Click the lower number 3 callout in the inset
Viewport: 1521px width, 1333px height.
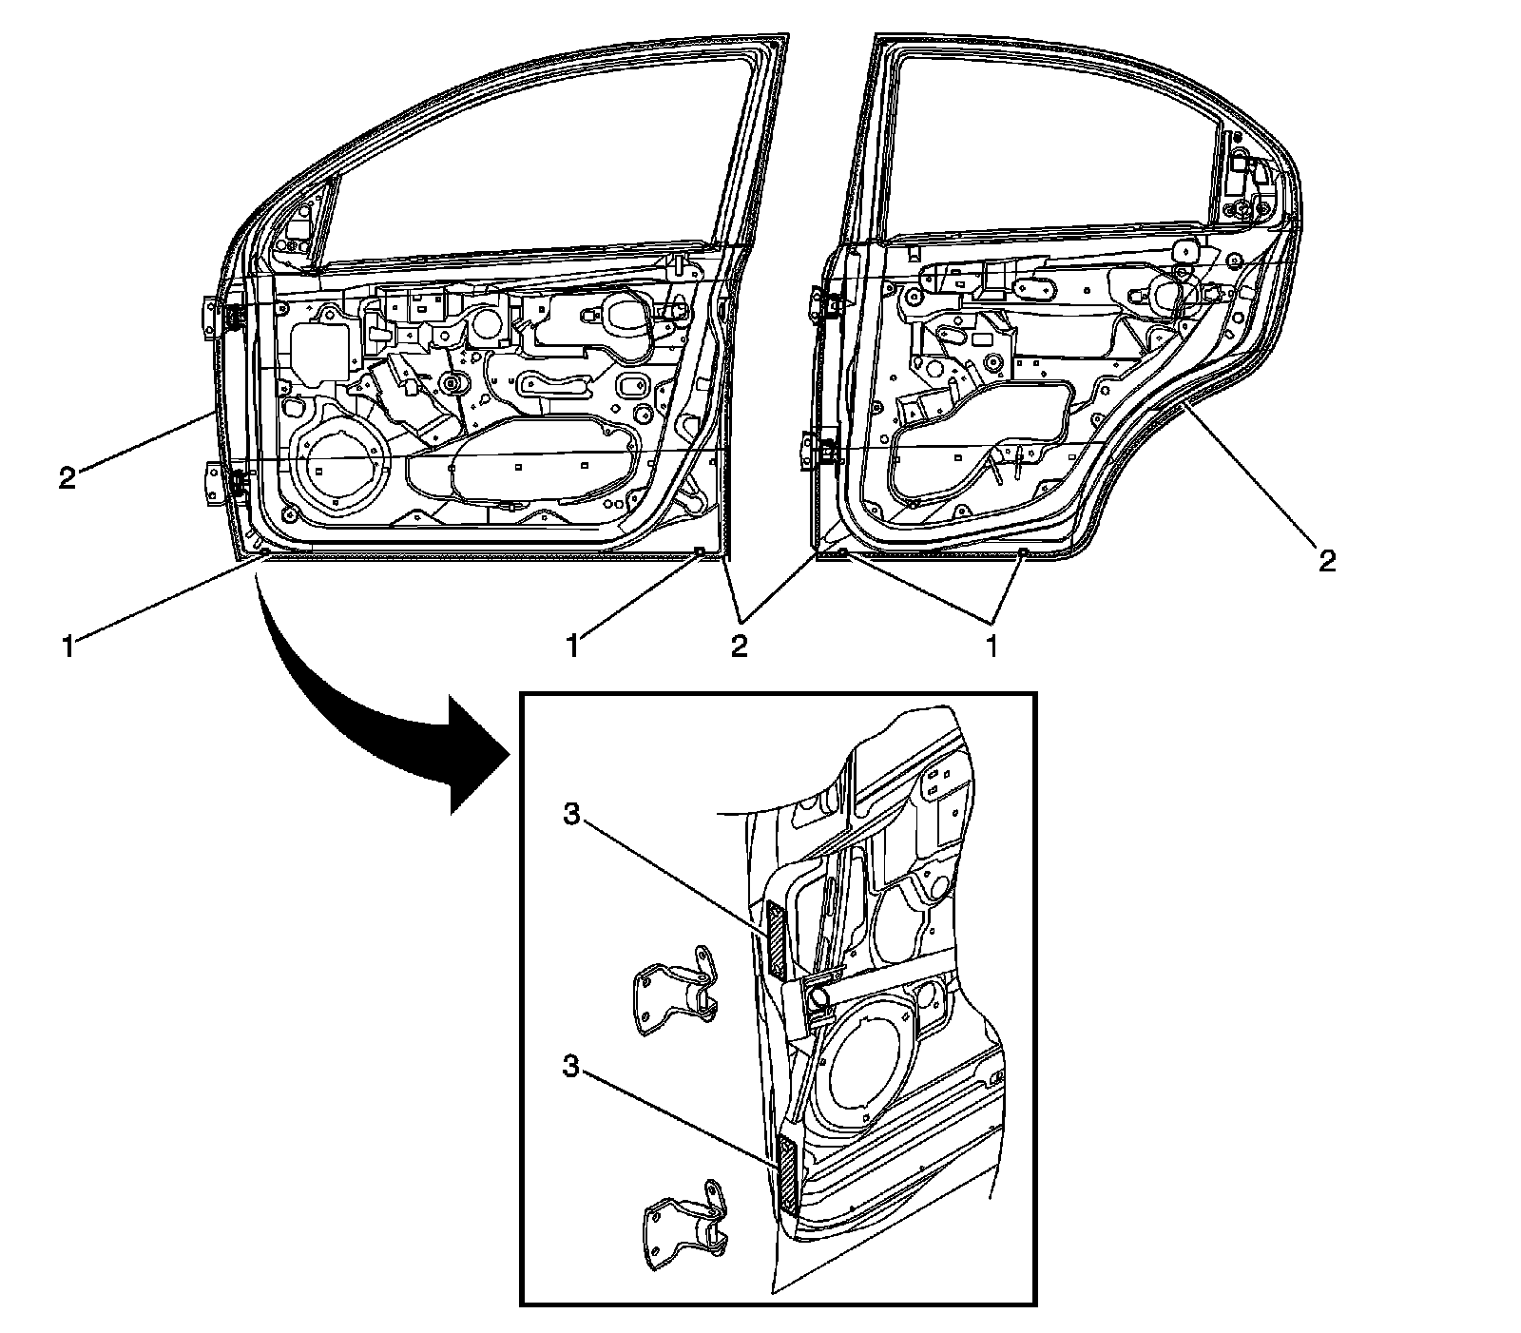click(570, 1066)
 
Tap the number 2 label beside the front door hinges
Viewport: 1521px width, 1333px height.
click(67, 476)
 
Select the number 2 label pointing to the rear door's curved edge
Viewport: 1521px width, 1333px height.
click(1327, 560)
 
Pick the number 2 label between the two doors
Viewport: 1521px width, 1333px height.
click(739, 647)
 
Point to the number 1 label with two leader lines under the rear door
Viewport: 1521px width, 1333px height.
click(991, 647)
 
